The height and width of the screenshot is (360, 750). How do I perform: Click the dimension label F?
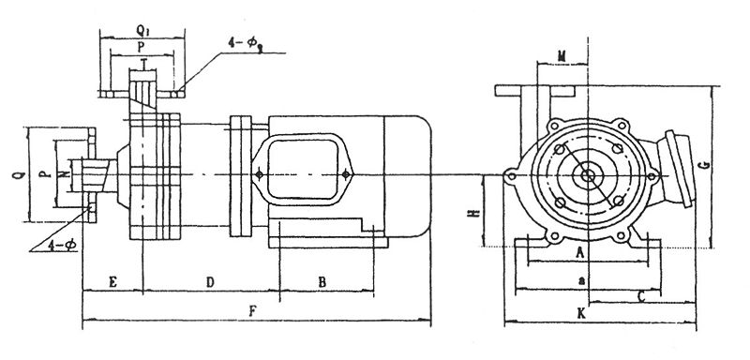[253, 311]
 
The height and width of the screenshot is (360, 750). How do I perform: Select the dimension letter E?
[112, 282]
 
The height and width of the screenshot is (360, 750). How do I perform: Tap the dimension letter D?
[209, 282]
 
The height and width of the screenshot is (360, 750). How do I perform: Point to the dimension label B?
[322, 282]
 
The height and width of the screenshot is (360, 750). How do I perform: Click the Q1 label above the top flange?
[142, 31]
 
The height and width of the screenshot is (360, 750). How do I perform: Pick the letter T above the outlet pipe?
[143, 63]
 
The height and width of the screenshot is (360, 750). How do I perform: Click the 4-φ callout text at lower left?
[62, 246]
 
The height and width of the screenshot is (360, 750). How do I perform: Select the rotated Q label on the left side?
[17, 175]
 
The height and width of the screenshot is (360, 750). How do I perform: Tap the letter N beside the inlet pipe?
[66, 175]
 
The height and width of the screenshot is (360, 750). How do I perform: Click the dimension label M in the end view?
[562, 57]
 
